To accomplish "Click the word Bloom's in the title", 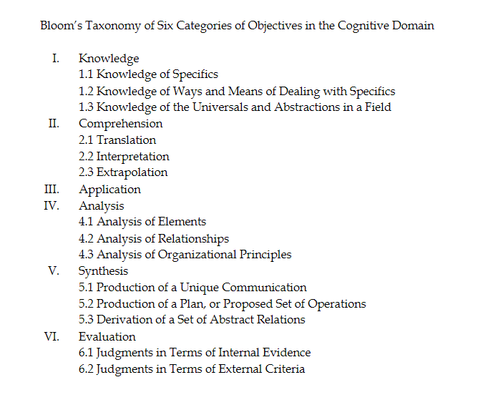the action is [62, 25].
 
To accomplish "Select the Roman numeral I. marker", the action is [56, 58].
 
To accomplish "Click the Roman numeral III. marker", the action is [52, 189].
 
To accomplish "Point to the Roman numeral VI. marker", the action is [52, 336].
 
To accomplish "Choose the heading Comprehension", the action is [121, 124].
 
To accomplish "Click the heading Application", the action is [109, 190].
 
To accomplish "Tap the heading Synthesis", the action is [103, 271].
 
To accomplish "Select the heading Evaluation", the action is [107, 336].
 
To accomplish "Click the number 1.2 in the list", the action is [86, 91].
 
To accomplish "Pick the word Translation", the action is [126, 140].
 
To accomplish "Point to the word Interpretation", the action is [133, 157].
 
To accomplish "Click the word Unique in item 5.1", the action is [200, 288].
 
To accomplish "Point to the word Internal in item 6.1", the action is [239, 352].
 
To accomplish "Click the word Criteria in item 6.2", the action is [285, 368].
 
